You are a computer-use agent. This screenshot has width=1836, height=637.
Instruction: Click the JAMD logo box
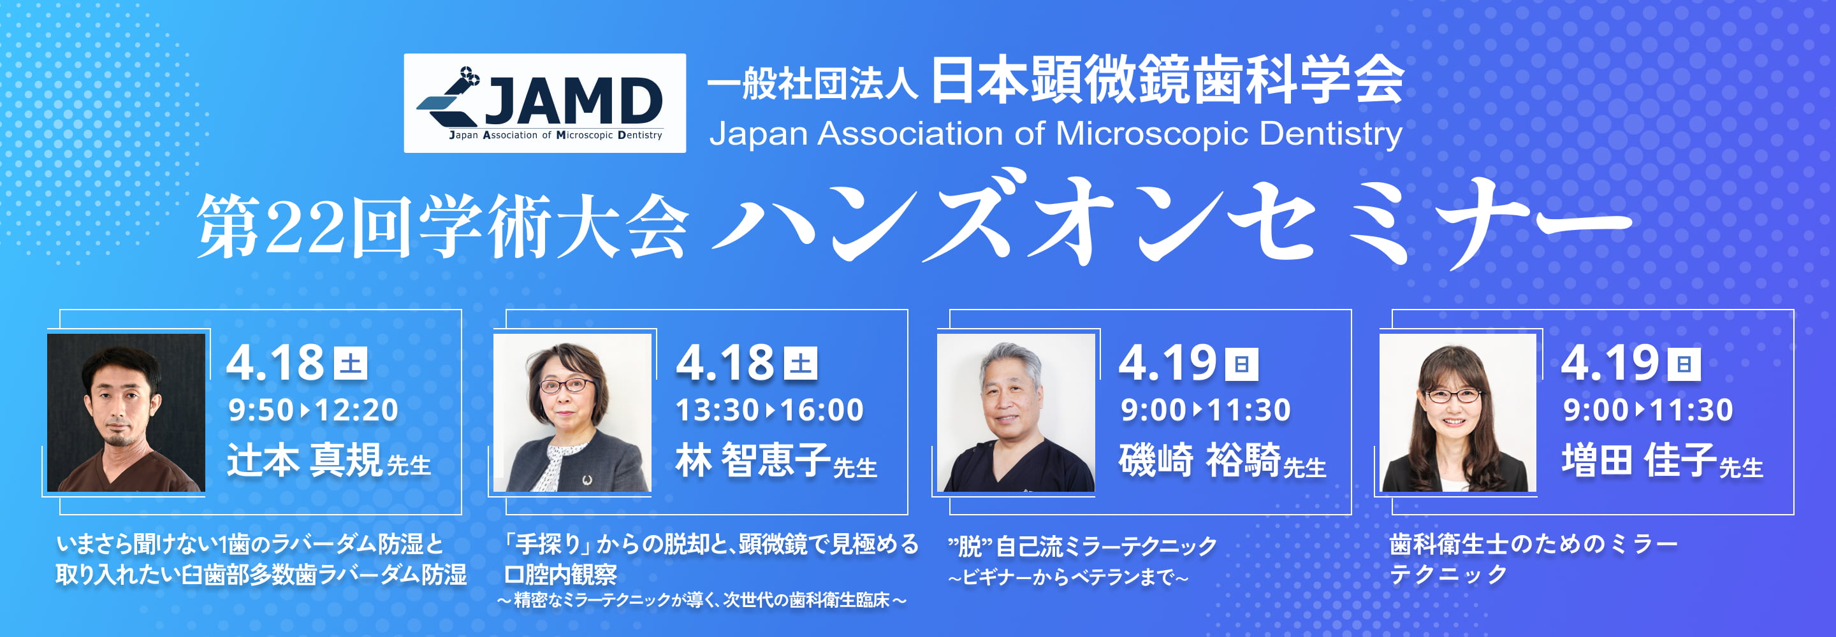point(544,103)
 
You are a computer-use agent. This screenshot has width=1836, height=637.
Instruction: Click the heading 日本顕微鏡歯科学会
point(1167,80)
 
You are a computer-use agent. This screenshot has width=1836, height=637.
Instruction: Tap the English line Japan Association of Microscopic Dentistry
point(1056,133)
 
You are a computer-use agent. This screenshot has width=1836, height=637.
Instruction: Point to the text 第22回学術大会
point(442,226)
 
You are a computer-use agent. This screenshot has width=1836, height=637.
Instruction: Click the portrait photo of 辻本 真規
point(126,413)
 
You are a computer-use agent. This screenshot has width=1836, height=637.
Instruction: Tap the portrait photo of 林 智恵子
point(572,413)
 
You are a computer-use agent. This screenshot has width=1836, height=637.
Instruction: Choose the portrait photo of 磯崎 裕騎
point(1016,413)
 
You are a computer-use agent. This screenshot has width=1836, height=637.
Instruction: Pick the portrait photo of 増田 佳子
point(1457,413)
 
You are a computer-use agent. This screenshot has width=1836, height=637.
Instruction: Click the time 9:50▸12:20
point(313,410)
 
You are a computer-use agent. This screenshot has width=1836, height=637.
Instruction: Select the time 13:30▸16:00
point(769,410)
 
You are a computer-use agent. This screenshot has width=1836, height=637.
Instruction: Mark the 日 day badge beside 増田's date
point(1684,364)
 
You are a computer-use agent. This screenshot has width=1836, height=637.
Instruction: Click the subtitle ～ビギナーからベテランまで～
point(1068,577)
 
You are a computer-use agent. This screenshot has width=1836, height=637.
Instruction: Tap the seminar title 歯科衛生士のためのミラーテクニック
point(1533,559)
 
